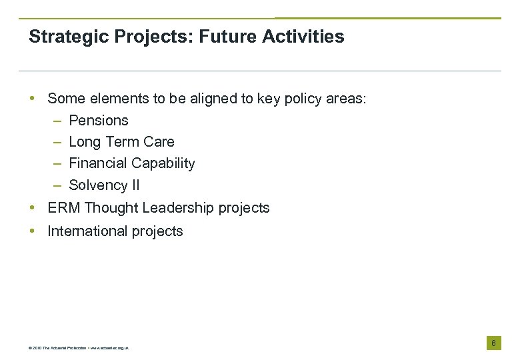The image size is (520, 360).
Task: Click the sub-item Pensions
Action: tap(99, 121)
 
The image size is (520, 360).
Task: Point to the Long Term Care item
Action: tap(121, 142)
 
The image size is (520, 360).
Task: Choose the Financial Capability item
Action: tap(132, 163)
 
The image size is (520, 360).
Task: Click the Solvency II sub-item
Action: tap(104, 185)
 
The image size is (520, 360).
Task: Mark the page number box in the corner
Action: tap(493, 343)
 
